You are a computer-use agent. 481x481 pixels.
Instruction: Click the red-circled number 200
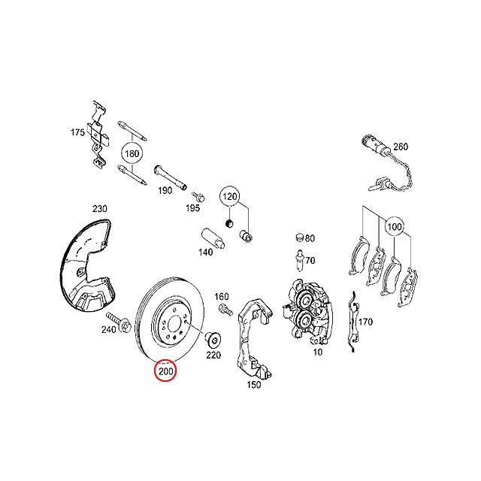pos(165,371)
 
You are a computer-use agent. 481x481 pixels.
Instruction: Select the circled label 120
pos(230,198)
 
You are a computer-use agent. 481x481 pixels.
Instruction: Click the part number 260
pos(400,147)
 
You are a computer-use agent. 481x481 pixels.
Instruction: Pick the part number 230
pos(100,208)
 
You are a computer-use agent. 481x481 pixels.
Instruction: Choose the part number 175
pos(78,132)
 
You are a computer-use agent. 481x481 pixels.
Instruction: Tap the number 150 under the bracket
pos(253,385)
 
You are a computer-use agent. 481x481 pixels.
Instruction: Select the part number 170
pos(365,322)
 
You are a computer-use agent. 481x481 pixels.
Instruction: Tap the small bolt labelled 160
pos(223,310)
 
